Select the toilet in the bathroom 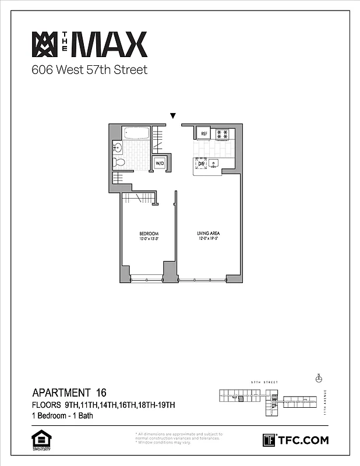point(118,161)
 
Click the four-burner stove point(221,134)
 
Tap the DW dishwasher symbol point(202,164)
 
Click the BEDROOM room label point(149,234)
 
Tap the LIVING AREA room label point(207,234)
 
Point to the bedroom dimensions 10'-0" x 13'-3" point(149,239)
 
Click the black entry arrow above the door point(172,116)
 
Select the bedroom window point(147,277)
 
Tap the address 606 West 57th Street point(89,70)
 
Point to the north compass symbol point(318,379)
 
